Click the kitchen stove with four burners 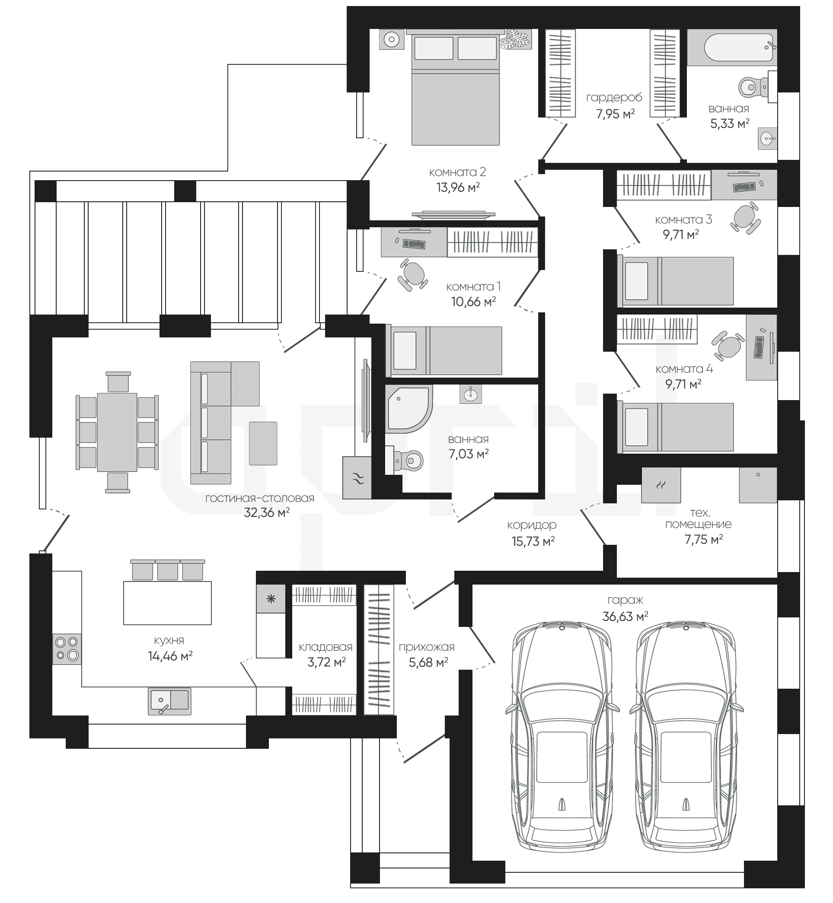(67, 649)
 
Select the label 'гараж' (625, 601)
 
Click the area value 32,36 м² (266, 513)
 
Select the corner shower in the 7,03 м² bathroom (409, 409)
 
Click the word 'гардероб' (614, 98)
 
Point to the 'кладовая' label (326, 648)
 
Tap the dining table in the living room (117, 432)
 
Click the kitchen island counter (168, 602)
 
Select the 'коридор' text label (532, 525)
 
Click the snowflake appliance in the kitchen (271, 599)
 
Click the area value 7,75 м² (704, 540)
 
